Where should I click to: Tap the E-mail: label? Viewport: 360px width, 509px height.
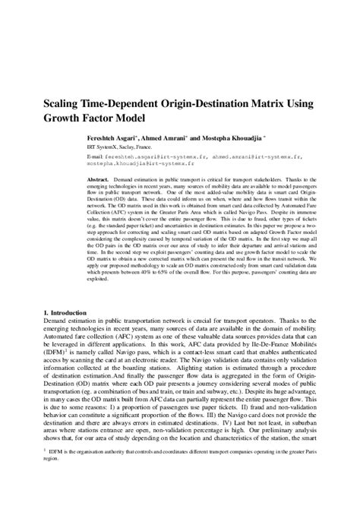119,157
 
